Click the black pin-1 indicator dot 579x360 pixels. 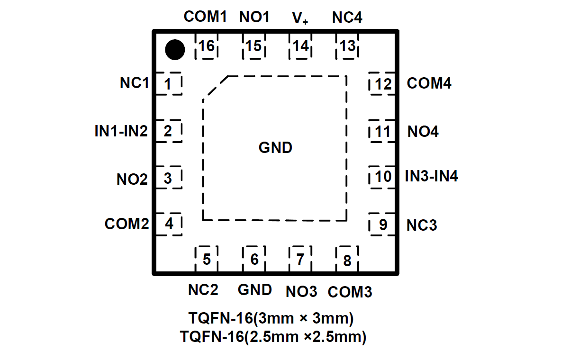click(x=174, y=50)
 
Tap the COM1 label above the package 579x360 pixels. click(x=206, y=17)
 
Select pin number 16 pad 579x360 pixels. click(x=207, y=46)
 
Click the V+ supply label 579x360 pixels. click(x=300, y=18)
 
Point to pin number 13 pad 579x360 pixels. click(x=347, y=46)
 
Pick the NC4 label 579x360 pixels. click(x=347, y=18)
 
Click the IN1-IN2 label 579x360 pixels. click(x=121, y=131)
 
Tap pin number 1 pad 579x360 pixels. click(x=168, y=84)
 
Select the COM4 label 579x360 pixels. click(x=429, y=83)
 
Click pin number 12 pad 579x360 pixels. click(x=382, y=84)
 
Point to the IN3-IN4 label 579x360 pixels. click(x=431, y=177)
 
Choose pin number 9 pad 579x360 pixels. click(x=382, y=225)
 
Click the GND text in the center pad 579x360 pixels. click(x=275, y=148)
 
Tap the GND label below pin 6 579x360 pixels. click(x=255, y=289)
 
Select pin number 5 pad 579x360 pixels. click(x=207, y=259)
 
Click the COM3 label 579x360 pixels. click(x=350, y=292)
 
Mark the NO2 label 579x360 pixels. click(x=132, y=180)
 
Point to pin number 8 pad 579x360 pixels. click(x=347, y=260)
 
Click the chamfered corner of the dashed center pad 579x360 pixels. click(x=216, y=88)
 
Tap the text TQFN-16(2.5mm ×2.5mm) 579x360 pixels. click(x=273, y=337)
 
